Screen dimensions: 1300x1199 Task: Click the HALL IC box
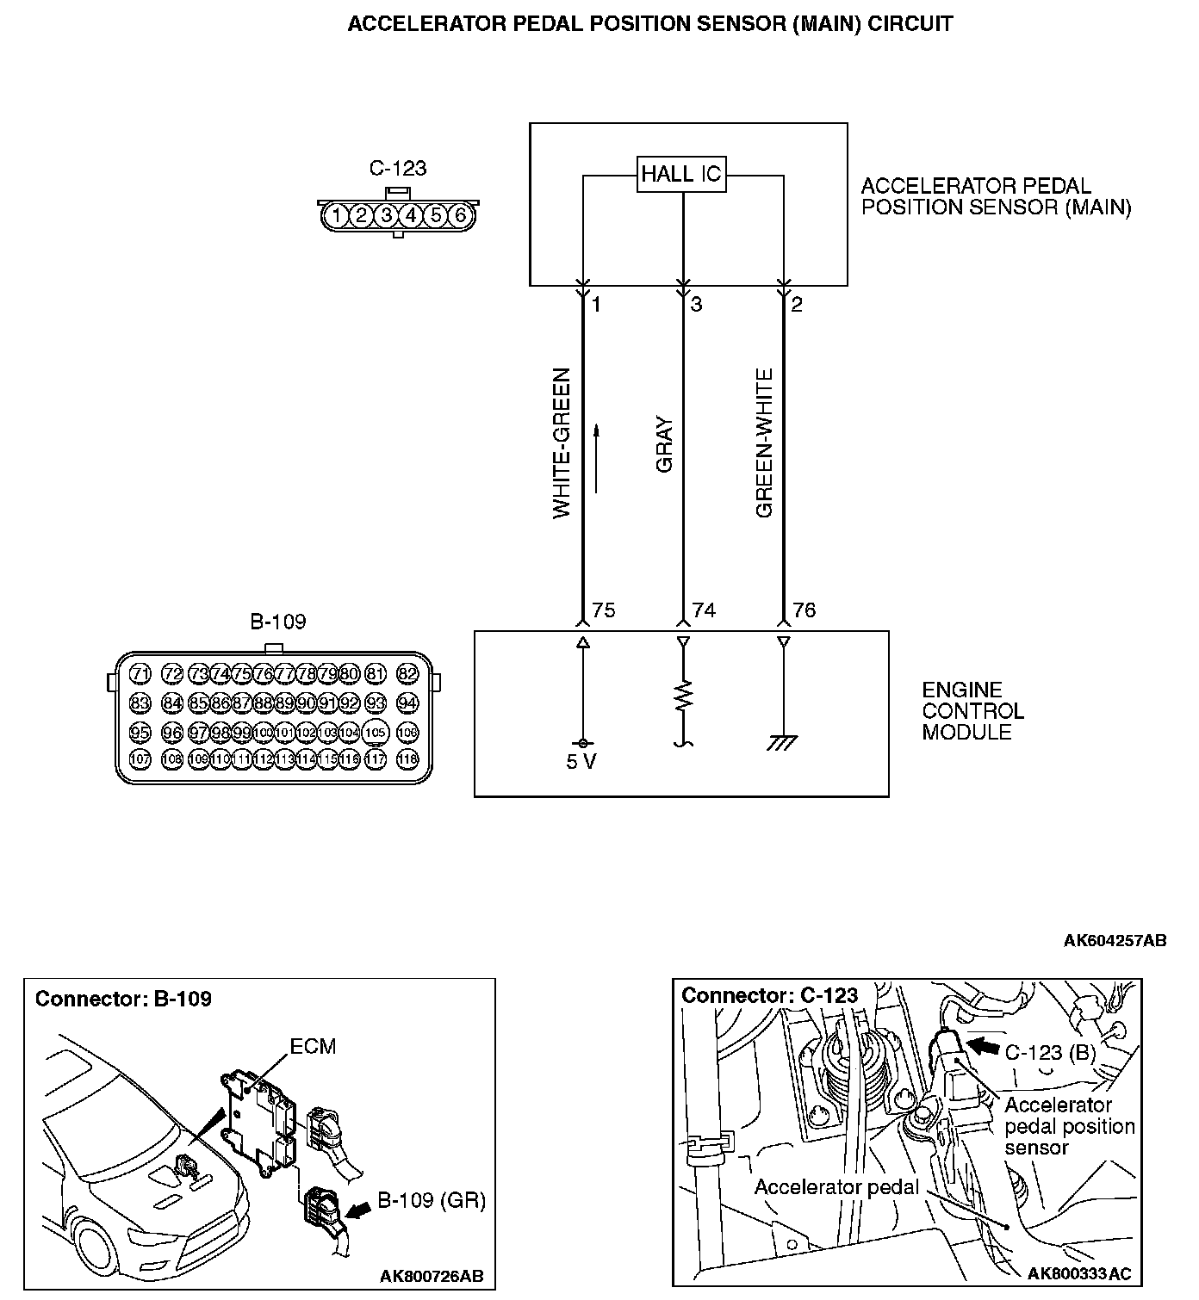click(x=681, y=175)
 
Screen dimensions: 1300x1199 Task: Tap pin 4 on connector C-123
click(x=412, y=214)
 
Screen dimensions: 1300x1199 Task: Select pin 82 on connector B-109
click(x=407, y=673)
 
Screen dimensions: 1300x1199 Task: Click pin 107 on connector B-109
click(x=140, y=759)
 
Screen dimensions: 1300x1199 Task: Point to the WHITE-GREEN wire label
click(x=562, y=443)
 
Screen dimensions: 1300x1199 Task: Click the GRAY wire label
click(x=664, y=445)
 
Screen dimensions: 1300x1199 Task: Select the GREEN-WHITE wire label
click(x=765, y=443)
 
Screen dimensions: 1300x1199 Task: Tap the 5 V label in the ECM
click(x=581, y=763)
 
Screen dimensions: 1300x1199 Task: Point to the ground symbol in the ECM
click(x=782, y=742)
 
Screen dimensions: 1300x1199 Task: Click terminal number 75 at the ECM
click(x=604, y=610)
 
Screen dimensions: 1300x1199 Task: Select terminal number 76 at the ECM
click(x=804, y=610)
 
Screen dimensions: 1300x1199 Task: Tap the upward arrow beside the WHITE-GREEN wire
click(x=596, y=458)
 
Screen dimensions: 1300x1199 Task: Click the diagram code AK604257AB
click(x=1115, y=941)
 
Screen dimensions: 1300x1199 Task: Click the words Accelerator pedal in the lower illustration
click(x=836, y=1187)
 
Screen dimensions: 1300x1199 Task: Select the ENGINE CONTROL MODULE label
click(x=972, y=711)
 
